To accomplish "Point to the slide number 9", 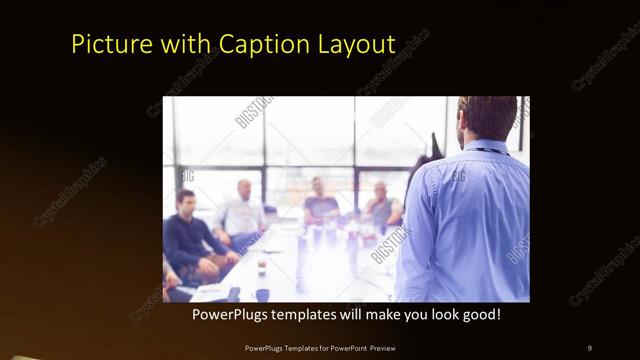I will [589, 348].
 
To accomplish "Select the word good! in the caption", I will [480, 314].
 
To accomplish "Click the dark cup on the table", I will [261, 266].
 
